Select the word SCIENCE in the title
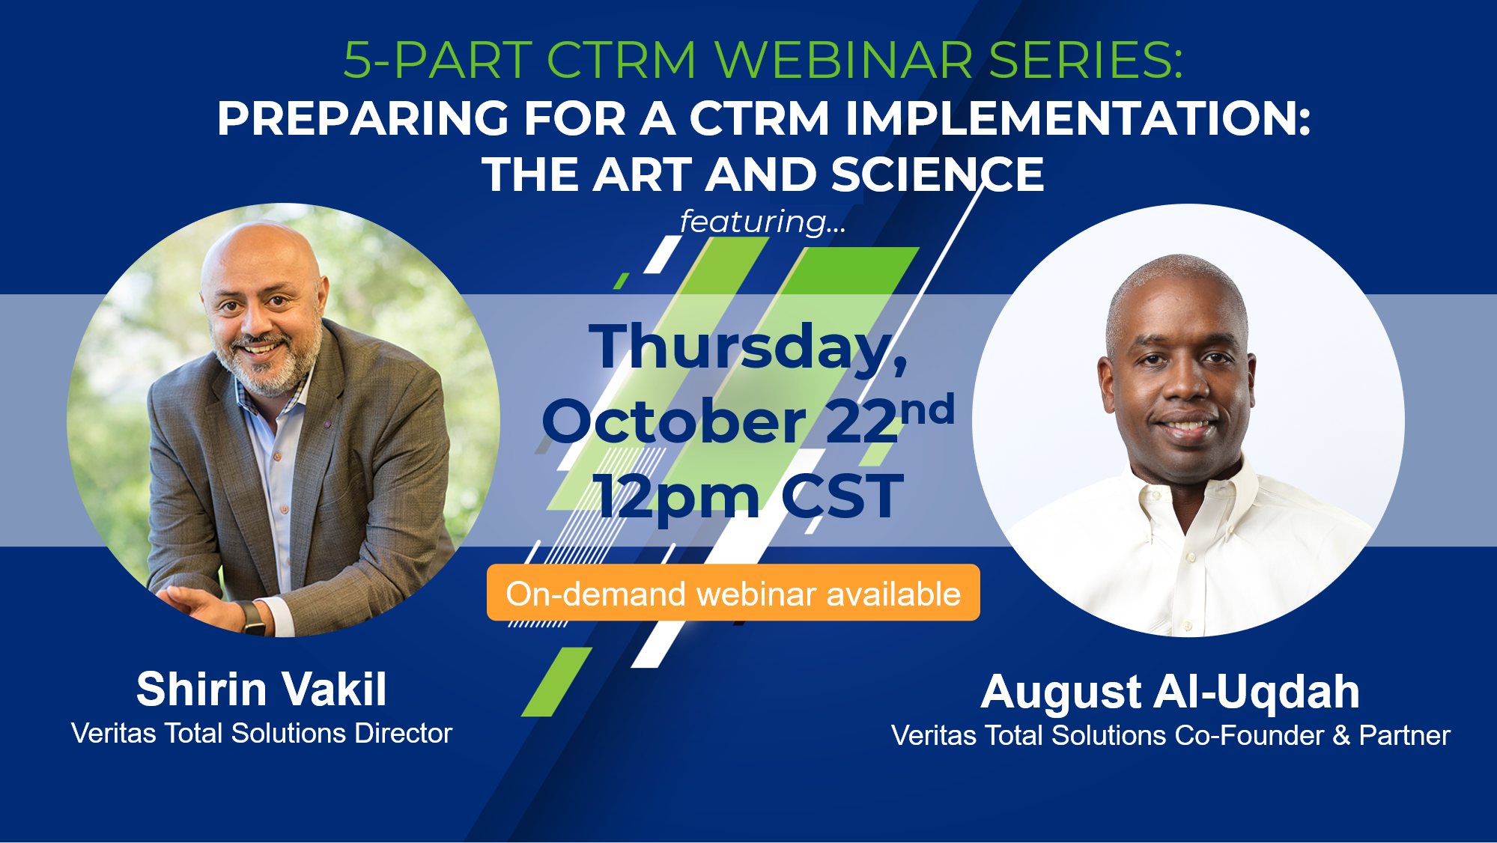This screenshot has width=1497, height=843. tap(937, 174)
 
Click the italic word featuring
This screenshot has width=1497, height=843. tap(753, 222)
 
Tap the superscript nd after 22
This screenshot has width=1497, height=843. tap(928, 410)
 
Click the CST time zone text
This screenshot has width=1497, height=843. tap(842, 496)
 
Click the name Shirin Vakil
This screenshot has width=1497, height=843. tap(261, 689)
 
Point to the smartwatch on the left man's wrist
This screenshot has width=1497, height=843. tap(252, 617)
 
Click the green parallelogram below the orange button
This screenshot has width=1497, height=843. tap(556, 681)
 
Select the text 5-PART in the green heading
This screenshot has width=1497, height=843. tap(437, 60)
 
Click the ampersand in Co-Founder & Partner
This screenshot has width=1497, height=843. tap(1341, 735)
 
